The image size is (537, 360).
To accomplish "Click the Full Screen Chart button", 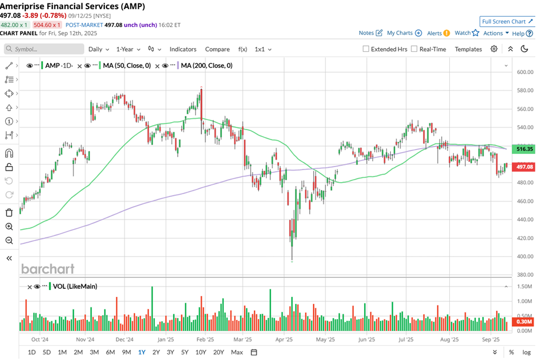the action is tap(507, 22).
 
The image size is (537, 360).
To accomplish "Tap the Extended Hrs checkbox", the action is tap(366, 49).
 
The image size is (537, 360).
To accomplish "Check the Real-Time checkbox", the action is tap(414, 49).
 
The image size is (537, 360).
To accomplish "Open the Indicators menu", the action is tap(183, 49).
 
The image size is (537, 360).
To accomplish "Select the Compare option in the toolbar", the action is tap(217, 49).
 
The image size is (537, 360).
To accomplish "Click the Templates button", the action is tap(468, 49).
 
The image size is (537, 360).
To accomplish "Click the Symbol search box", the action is tap(44, 49).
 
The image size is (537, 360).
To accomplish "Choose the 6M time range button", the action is tap(110, 352).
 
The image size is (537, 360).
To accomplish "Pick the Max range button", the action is tap(236, 352).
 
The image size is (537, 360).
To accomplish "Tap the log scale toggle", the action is tap(526, 352).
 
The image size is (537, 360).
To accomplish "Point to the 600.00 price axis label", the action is tap(525, 72).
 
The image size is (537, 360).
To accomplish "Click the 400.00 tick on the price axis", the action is tap(525, 256).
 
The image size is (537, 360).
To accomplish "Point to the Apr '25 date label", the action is tap(284, 339).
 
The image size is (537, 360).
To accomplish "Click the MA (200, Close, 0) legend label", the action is tap(207, 65).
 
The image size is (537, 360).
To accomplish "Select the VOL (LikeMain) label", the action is tap(75, 287).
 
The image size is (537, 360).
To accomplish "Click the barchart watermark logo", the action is tap(48, 269).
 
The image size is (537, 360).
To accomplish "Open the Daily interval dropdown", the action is tap(99, 49).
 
